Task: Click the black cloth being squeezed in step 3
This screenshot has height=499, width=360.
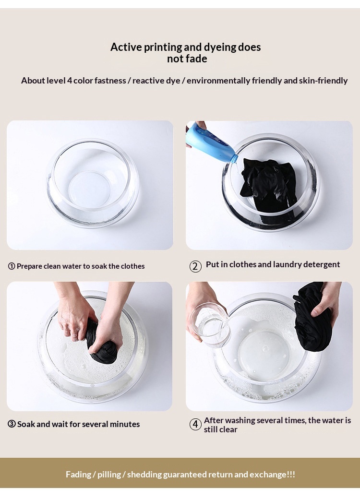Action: [x=101, y=344]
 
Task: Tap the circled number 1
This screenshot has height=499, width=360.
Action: [x=12, y=266]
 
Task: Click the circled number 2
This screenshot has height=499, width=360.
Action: [x=195, y=266]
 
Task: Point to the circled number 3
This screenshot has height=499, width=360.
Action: [x=12, y=424]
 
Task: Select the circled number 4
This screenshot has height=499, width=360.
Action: [x=195, y=424]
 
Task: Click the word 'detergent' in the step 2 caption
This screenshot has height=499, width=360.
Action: [x=322, y=264]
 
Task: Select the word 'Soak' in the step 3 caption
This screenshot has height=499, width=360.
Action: [x=26, y=424]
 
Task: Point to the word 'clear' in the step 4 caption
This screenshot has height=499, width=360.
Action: [x=227, y=429]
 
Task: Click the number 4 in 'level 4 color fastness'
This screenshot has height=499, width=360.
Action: [x=70, y=81]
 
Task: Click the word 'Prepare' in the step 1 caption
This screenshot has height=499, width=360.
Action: [x=29, y=266]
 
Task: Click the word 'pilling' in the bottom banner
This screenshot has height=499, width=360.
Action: [x=109, y=475]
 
